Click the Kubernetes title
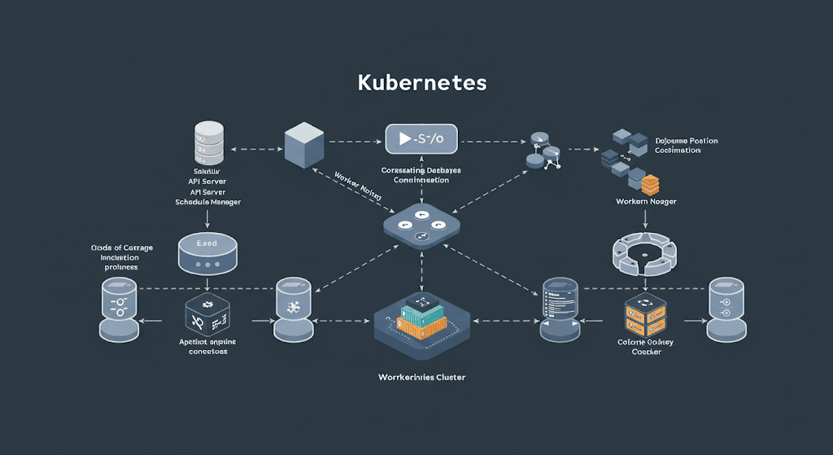pyautogui.click(x=422, y=83)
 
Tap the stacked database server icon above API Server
pyautogui.click(x=209, y=144)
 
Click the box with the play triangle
pyautogui.click(x=421, y=139)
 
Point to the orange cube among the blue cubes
pyautogui.click(x=648, y=182)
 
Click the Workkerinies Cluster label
pyautogui.click(x=421, y=378)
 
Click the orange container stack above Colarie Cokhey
pyautogui.click(x=646, y=316)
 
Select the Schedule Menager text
pyautogui.click(x=208, y=202)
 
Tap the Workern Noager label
pyautogui.click(x=646, y=201)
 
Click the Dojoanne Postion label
pyautogui.click(x=686, y=141)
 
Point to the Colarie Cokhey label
pyautogui.click(x=646, y=343)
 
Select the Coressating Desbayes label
pyautogui.click(x=421, y=170)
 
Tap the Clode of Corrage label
pyautogui.click(x=122, y=247)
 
